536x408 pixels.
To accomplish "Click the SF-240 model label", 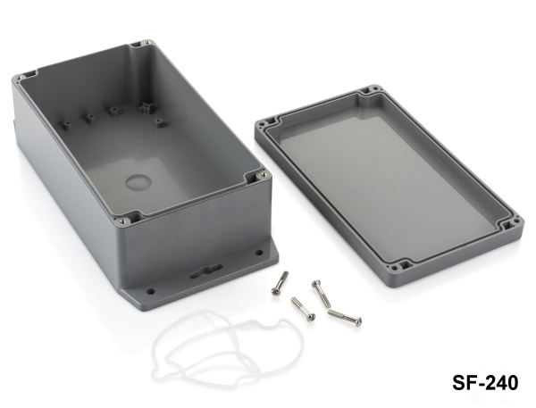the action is point(485,382).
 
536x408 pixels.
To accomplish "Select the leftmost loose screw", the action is point(280,283).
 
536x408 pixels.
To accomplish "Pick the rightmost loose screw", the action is point(345,317).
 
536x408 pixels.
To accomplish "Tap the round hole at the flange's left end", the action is point(150,291).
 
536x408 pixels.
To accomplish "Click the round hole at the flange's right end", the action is point(259,253).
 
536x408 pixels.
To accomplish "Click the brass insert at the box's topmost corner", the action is point(147,42).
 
